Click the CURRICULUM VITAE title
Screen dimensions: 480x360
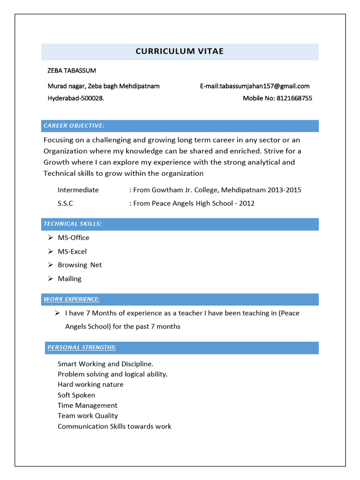(180, 52)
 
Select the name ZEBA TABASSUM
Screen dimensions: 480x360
(72, 71)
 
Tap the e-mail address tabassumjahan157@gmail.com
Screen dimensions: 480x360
(264, 86)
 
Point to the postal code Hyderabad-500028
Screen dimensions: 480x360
(76, 98)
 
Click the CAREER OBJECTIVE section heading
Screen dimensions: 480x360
(74, 126)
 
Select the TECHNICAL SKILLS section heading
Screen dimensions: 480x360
(73, 224)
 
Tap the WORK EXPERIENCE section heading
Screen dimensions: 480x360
(71, 299)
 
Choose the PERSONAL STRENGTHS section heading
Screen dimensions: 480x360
(82, 347)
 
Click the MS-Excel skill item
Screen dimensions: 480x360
(72, 252)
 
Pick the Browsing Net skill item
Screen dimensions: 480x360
(80, 265)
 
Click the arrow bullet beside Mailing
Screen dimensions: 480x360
(50, 279)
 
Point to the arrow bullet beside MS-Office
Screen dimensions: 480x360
(50, 238)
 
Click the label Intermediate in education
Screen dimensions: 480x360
(78, 190)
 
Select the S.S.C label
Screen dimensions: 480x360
(65, 204)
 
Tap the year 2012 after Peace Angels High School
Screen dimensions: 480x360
(247, 204)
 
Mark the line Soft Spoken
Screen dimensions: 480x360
(76, 395)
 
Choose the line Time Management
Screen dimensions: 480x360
(88, 405)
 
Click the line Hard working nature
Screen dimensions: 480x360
(90, 384)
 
